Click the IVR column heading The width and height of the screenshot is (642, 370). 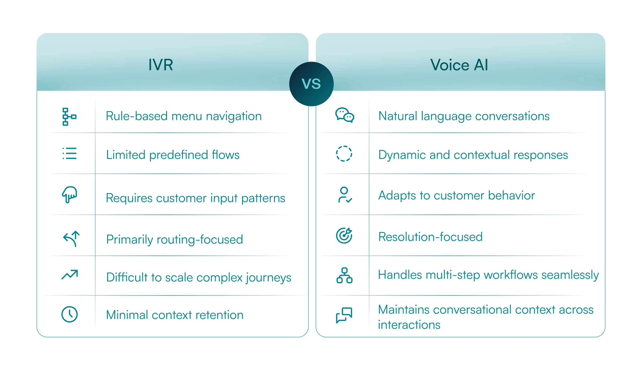(160, 65)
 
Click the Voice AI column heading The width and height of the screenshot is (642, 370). (459, 65)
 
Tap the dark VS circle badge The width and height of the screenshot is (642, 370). (311, 84)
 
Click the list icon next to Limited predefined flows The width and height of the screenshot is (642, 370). (69, 153)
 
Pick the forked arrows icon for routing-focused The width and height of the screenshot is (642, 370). (71, 239)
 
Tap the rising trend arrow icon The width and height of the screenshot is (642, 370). (70, 275)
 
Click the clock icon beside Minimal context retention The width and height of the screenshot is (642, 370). (69, 314)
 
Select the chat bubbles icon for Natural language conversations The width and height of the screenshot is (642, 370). (345, 115)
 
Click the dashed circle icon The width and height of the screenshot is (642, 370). (344, 153)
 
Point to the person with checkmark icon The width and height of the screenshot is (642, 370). (345, 195)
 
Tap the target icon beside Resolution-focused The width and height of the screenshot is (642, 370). (344, 236)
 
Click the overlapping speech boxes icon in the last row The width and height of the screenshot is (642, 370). (344, 315)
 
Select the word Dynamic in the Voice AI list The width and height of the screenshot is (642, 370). (402, 155)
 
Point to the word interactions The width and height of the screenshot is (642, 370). (409, 325)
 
